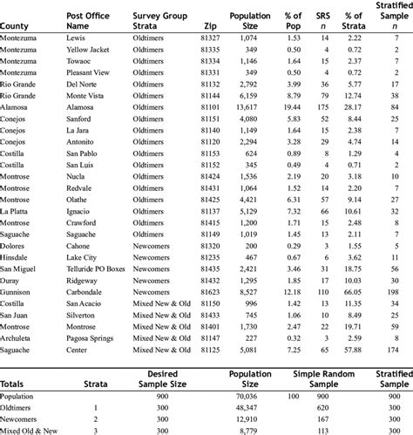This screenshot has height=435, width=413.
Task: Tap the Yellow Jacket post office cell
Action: coord(89,51)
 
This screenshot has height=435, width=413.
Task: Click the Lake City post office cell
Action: coord(83,258)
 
